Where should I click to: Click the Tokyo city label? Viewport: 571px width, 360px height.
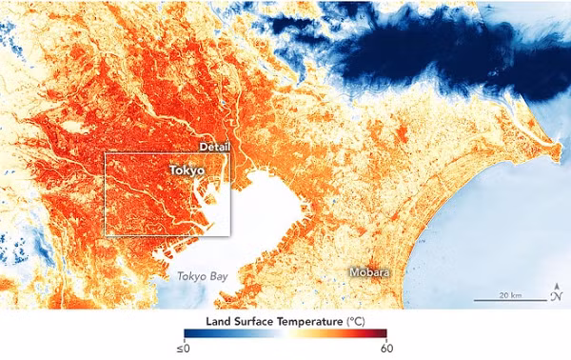pos(187,170)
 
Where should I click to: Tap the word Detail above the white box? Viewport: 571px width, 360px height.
pos(213,146)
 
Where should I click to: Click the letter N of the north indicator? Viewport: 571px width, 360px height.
pos(556,296)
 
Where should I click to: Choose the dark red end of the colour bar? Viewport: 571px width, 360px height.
pos(384,333)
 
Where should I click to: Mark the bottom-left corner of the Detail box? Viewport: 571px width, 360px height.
pos(104,235)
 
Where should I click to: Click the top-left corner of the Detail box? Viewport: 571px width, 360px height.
pos(104,152)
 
